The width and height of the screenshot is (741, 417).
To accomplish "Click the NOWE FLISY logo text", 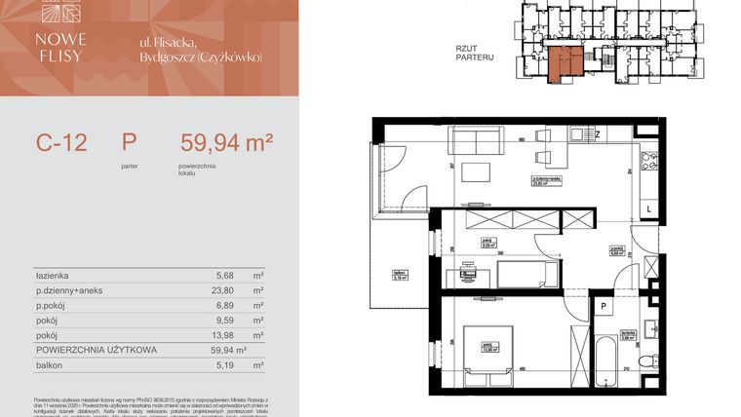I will pyautogui.click(x=64, y=48).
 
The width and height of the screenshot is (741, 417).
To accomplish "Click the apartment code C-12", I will pyautogui.click(x=61, y=144).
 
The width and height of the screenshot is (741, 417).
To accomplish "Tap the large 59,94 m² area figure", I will pyautogui.click(x=226, y=144).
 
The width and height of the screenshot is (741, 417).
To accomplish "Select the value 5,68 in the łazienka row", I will pyautogui.click(x=224, y=276).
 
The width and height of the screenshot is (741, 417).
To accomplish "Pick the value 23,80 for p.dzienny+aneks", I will pyautogui.click(x=224, y=290).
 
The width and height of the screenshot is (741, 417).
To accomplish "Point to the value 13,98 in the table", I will pyautogui.click(x=224, y=334).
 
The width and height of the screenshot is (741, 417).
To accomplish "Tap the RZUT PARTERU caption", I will pyautogui.click(x=475, y=52).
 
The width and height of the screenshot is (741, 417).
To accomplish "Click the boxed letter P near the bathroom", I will pyautogui.click(x=604, y=307).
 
